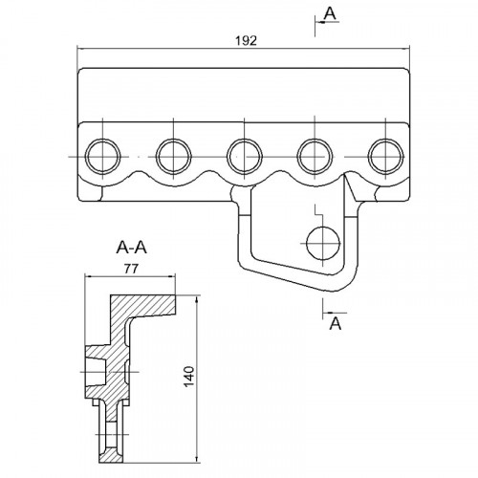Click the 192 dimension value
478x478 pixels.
pyautogui.click(x=246, y=41)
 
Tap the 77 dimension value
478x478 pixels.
pyautogui.click(x=131, y=269)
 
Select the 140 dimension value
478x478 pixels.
pyautogui.click(x=189, y=377)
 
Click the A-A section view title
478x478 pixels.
pyautogui.click(x=132, y=248)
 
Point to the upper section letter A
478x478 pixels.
pyautogui.click(x=330, y=13)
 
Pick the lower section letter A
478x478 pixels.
pyautogui.click(x=336, y=324)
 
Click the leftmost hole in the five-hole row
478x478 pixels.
pyautogui.click(x=102, y=157)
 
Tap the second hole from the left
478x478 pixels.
pyautogui.click(x=173, y=157)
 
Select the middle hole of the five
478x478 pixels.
pyautogui.click(x=244, y=157)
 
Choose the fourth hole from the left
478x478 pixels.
pyautogui.click(x=315, y=157)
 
